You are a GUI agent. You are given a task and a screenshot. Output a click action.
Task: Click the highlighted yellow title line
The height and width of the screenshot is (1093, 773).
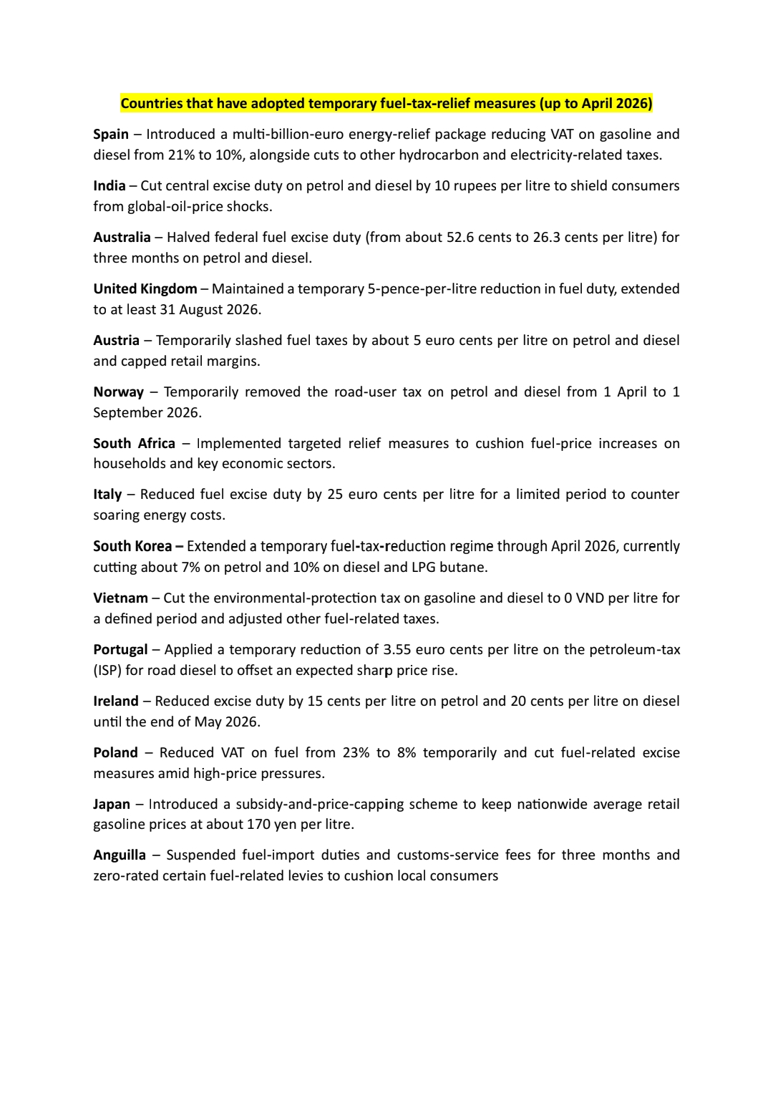[x=386, y=104]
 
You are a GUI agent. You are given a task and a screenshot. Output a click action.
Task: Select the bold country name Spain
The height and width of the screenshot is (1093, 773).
[x=111, y=135]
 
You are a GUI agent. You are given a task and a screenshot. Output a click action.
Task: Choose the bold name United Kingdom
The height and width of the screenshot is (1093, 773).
[x=145, y=289]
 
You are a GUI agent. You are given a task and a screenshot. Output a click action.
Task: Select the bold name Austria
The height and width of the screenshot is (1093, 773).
[x=116, y=341]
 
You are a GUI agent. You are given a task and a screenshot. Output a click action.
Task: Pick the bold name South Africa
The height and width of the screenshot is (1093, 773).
[x=134, y=444]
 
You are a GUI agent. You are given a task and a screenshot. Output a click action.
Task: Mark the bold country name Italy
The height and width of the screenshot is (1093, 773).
[x=107, y=495]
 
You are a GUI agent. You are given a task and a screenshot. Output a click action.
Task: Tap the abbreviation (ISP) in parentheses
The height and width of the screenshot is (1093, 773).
[x=107, y=671]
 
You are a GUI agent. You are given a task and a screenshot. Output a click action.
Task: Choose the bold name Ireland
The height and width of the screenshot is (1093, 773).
[x=116, y=701]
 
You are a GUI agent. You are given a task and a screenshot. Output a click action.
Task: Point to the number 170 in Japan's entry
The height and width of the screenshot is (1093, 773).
[x=259, y=825]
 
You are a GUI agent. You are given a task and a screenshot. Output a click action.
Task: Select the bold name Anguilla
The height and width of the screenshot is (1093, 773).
[x=120, y=855]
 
